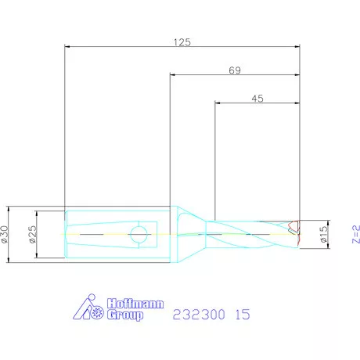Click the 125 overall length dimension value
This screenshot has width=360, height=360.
(182, 42)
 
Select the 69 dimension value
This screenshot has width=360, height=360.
(235, 70)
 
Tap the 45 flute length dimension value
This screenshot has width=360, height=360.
(257, 99)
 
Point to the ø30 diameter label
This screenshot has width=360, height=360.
(5, 234)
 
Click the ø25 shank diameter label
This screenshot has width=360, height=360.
(33, 234)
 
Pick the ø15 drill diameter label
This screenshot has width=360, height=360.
(323, 234)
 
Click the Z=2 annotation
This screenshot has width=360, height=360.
(356, 234)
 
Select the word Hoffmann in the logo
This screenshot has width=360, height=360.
(135, 304)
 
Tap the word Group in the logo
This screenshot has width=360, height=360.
(125, 315)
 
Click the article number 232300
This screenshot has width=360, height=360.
(199, 315)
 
